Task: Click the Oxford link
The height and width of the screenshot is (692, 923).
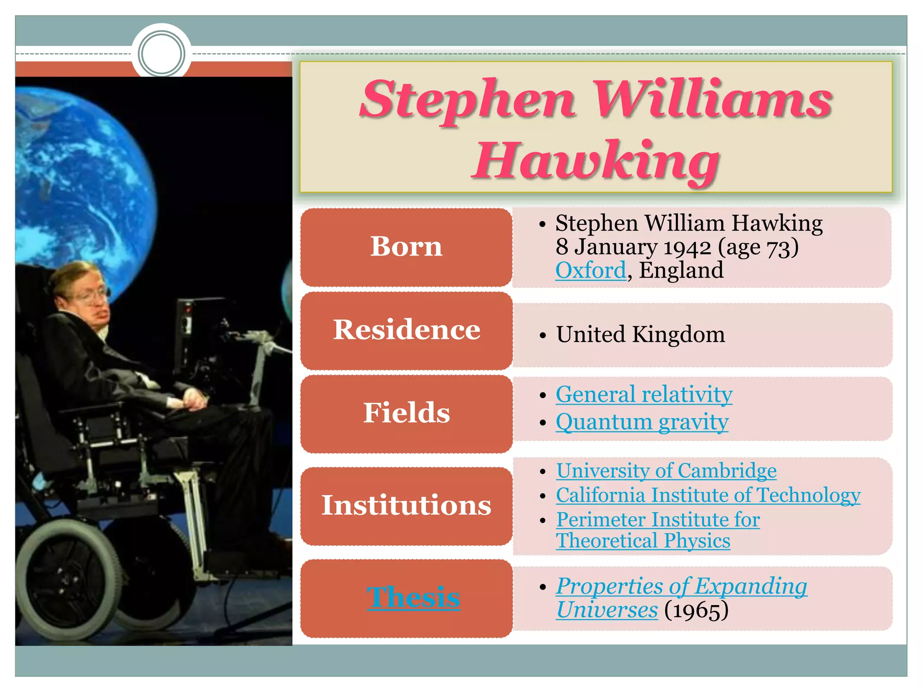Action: click(590, 271)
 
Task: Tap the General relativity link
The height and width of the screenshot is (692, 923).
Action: click(644, 395)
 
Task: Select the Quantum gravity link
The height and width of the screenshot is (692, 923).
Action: click(642, 423)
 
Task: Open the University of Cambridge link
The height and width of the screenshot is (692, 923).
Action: click(666, 471)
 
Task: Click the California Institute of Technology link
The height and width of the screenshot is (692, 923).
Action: click(708, 495)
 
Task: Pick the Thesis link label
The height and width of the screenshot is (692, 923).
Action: click(413, 598)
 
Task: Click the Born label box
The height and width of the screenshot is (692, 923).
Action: click(406, 247)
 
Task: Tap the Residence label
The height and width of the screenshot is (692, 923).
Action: click(407, 330)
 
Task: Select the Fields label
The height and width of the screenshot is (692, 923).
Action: click(407, 413)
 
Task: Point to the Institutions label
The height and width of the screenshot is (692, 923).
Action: click(406, 505)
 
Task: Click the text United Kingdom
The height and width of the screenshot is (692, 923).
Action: click(640, 335)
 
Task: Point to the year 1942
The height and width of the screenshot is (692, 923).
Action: click(687, 247)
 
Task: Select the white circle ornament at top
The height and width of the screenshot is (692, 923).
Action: click(161, 54)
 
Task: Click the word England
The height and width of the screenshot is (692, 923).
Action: click(681, 271)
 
